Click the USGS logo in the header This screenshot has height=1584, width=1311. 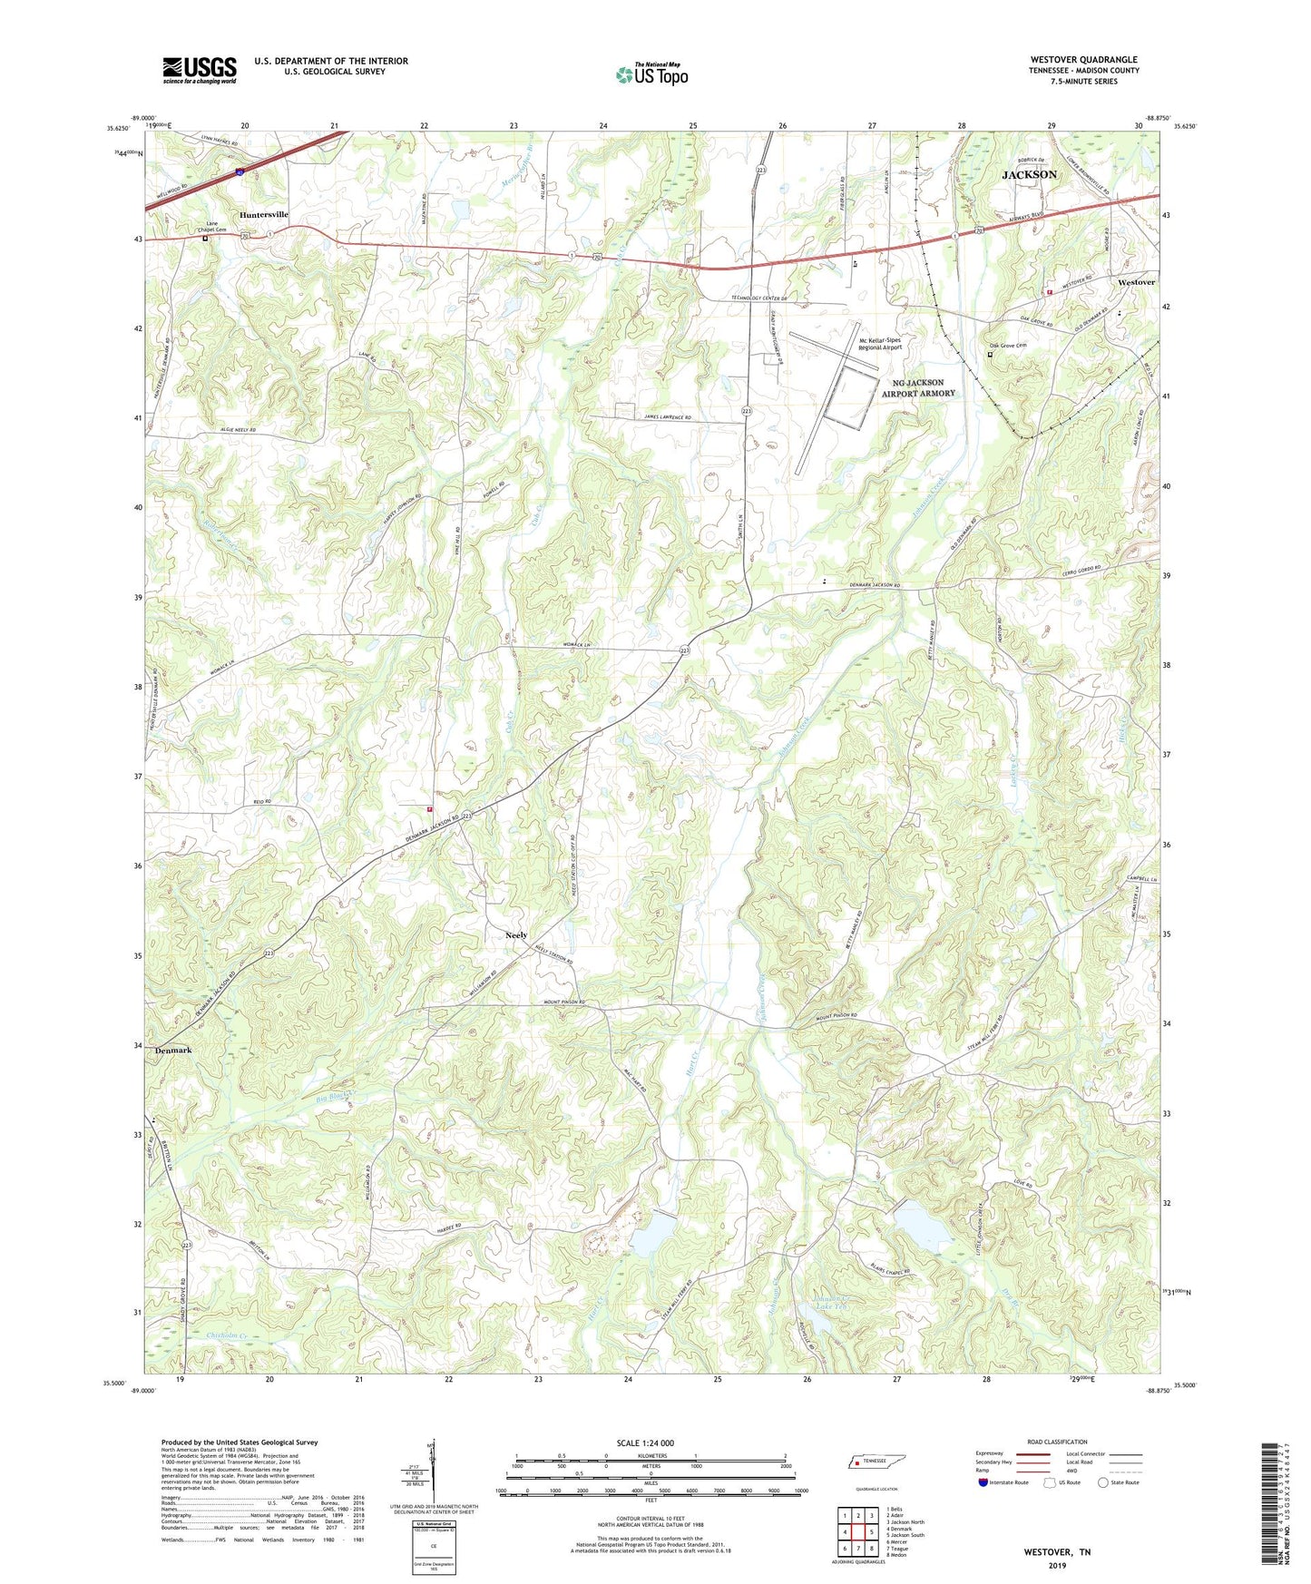(x=199, y=70)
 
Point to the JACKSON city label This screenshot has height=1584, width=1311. (x=1029, y=174)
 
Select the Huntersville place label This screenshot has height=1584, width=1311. (x=264, y=215)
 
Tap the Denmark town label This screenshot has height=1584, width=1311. (x=172, y=1051)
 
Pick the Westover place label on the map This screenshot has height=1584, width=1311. (x=1136, y=283)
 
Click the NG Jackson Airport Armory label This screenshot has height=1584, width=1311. (x=918, y=388)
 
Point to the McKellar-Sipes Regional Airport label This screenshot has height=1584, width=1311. (x=880, y=343)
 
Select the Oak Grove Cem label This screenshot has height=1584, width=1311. (x=1007, y=346)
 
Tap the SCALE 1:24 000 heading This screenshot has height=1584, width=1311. (x=645, y=1443)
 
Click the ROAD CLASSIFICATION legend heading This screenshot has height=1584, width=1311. (x=1057, y=1442)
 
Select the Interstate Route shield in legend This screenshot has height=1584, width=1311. (x=984, y=1483)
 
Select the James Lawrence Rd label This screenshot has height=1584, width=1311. (x=667, y=417)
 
